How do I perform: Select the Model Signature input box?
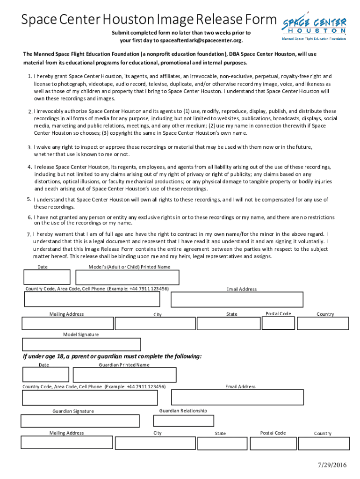pyautogui.click(x=81, y=344)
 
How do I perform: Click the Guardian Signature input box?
pyautogui.click(x=80, y=421)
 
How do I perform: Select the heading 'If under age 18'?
pyautogui.click(x=112, y=356)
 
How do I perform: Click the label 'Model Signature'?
pyautogui.click(x=81, y=334)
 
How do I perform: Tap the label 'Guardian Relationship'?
pyautogui.click(x=183, y=411)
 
